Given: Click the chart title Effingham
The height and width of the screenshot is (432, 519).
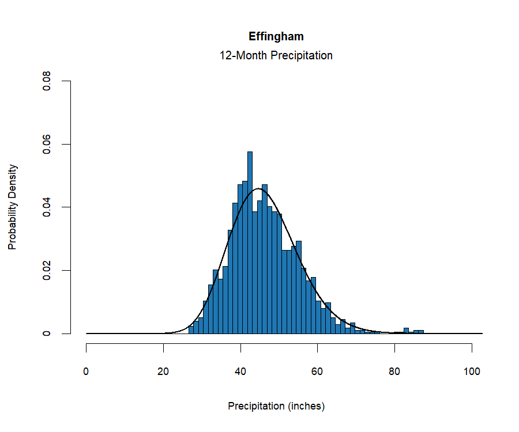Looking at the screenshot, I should [x=276, y=36].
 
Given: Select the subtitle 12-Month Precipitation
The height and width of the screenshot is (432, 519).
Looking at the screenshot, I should [x=276, y=56].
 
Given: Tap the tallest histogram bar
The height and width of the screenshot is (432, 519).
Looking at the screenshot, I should [x=250, y=242].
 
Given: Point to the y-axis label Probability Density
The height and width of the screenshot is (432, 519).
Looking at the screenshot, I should [x=13, y=207].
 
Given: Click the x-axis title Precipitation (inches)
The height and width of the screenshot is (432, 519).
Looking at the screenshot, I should [x=276, y=406].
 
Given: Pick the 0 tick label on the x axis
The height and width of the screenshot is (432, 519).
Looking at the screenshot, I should [x=86, y=372].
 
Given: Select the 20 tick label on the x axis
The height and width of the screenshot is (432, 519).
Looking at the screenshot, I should [x=164, y=372].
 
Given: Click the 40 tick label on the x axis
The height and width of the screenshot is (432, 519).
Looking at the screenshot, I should [x=240, y=372].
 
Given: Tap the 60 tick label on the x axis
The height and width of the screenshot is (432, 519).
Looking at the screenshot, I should [x=318, y=372].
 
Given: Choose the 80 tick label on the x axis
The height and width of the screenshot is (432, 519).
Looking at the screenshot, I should [x=394, y=372].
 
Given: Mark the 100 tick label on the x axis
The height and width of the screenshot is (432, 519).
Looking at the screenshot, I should [x=472, y=372].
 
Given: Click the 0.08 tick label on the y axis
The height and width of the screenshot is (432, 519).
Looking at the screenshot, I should [x=47, y=81].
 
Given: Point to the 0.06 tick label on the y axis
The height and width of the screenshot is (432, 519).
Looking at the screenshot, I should [x=47, y=144].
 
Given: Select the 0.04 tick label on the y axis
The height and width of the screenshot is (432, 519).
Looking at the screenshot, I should [x=47, y=207].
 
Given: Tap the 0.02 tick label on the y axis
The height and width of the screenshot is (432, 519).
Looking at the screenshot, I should [x=47, y=270].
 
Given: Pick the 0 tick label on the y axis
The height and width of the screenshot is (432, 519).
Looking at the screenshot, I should [x=47, y=334].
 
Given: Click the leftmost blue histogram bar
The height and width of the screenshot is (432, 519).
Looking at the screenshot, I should [x=191, y=330].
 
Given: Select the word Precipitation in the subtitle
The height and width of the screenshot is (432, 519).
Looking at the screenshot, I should [x=300, y=56].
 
